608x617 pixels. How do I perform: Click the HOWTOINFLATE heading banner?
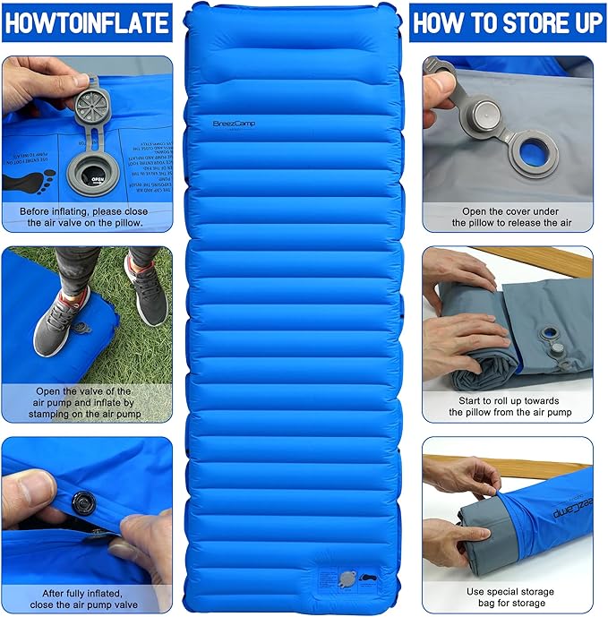point(86,22)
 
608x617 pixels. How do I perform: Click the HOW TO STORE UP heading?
point(507,22)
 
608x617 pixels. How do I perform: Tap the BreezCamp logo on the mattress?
point(235,124)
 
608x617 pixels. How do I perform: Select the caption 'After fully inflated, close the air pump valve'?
point(86,598)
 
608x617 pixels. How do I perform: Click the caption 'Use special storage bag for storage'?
point(510,597)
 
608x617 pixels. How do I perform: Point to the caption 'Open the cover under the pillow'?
point(508,217)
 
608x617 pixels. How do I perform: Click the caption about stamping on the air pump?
point(86,402)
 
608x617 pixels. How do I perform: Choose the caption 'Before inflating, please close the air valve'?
point(86,218)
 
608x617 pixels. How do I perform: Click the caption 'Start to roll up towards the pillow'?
point(510,407)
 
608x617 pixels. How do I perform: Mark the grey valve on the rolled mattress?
point(547,341)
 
